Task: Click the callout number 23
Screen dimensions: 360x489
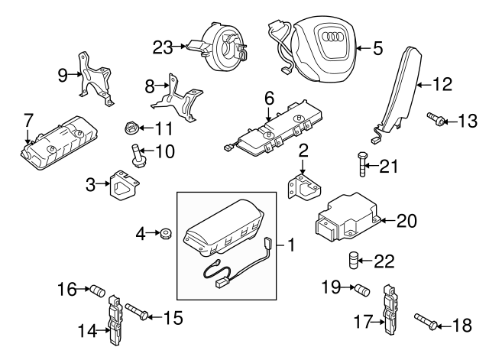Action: click(163, 47)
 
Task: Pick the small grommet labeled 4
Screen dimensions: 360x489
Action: click(163, 232)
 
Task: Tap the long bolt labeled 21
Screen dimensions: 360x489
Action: click(362, 165)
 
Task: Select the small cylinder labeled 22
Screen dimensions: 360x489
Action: click(354, 260)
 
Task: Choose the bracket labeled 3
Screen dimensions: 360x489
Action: click(122, 185)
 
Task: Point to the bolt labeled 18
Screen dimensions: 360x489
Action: click(424, 322)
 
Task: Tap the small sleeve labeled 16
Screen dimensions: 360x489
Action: click(96, 290)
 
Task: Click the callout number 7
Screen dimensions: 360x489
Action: click(28, 120)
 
